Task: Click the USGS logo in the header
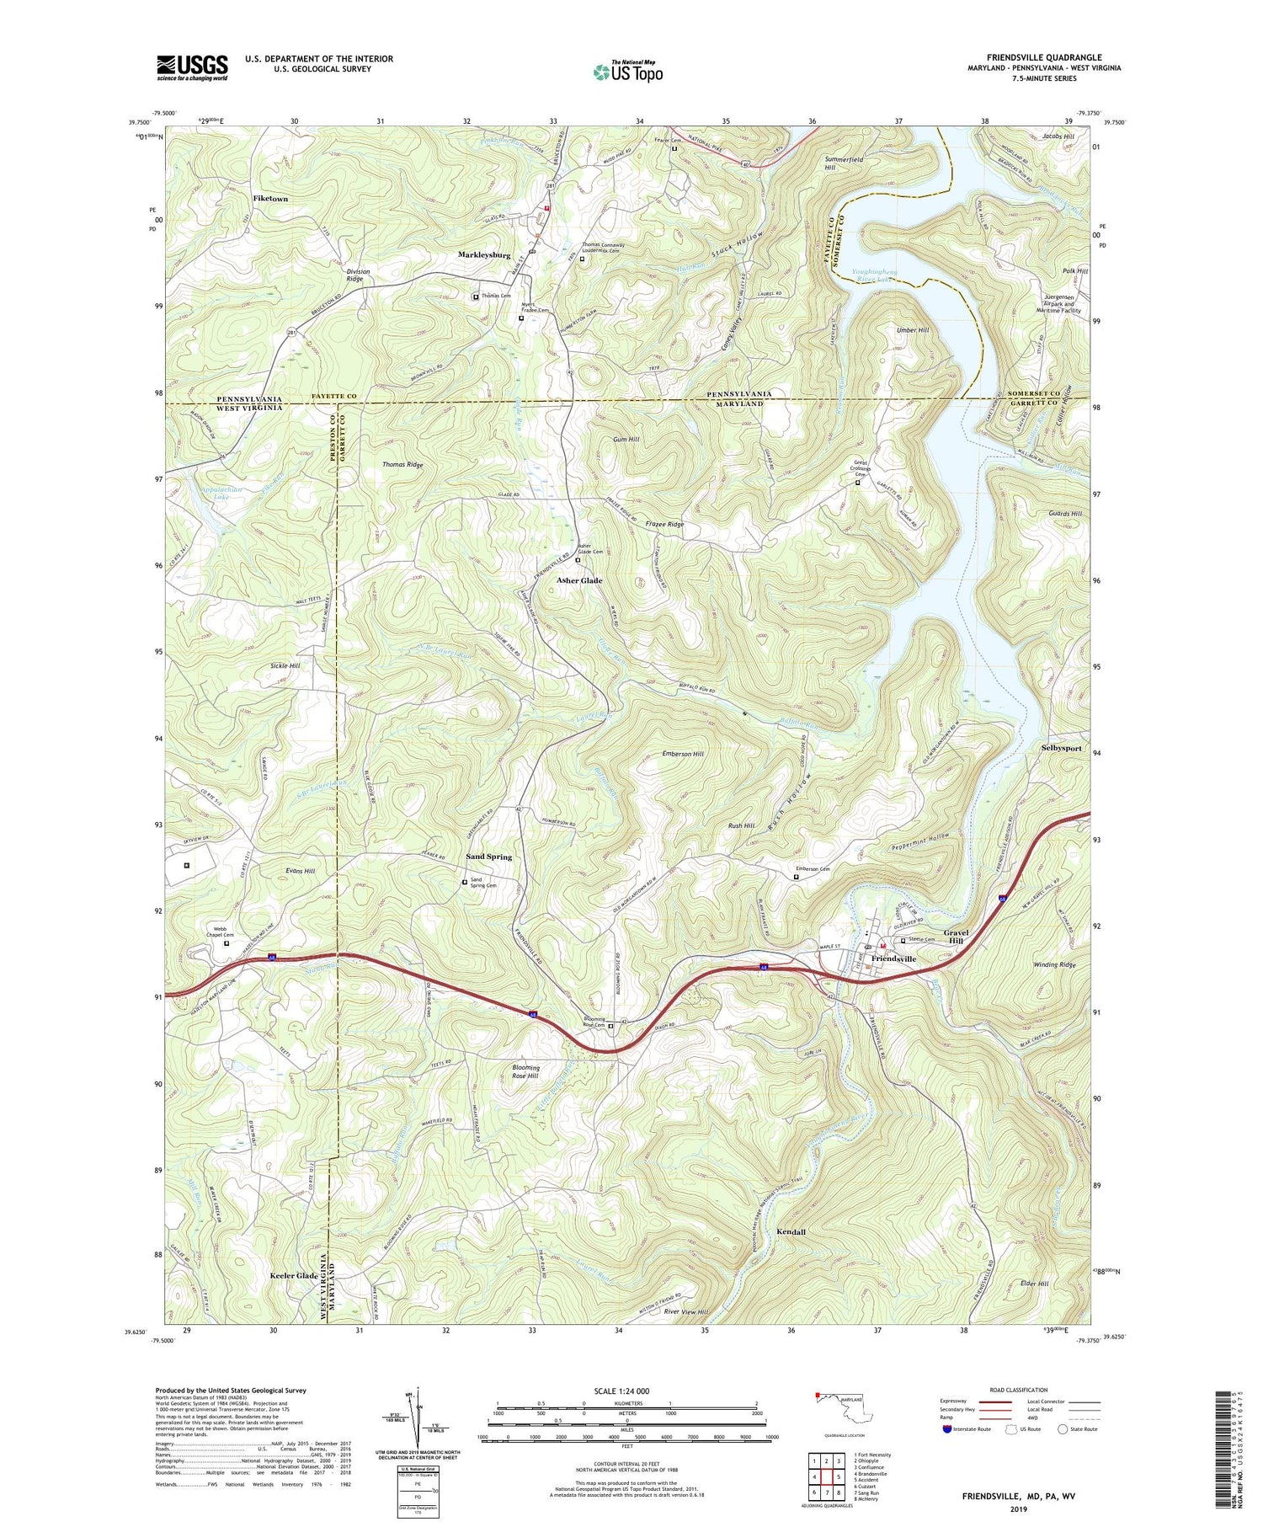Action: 192,67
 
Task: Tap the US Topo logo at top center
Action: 628,72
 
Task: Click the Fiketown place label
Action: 270,200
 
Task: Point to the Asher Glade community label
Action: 580,580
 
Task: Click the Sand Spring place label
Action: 489,857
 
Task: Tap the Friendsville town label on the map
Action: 893,959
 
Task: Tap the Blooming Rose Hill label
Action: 526,1072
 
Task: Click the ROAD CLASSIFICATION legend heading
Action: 1019,1391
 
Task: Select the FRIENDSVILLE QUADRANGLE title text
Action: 1032,57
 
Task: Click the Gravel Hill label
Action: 957,937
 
